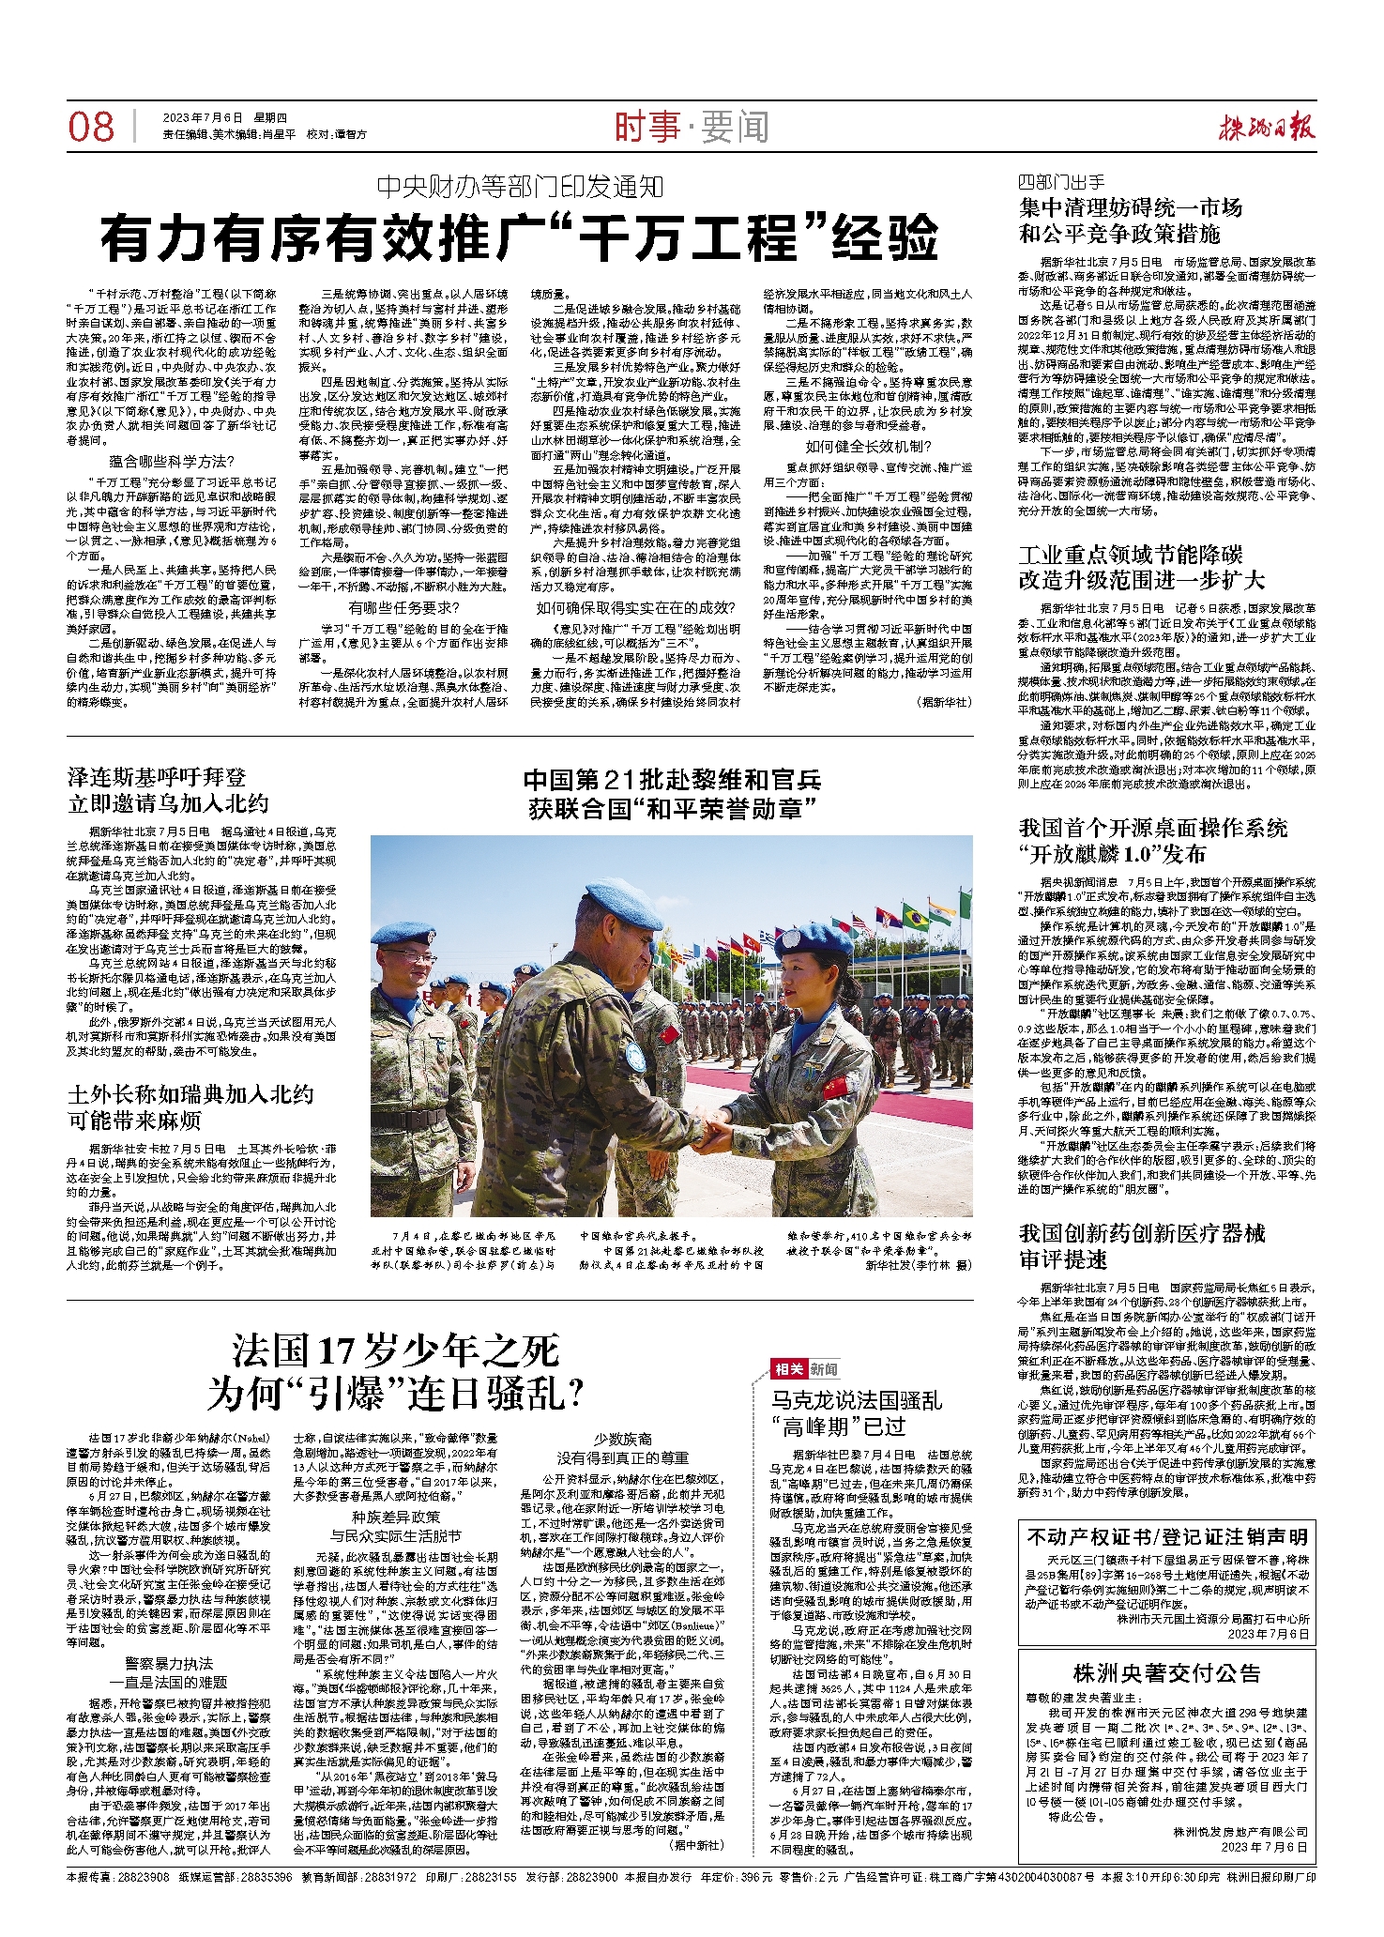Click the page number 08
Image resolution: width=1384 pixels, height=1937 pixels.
point(91,126)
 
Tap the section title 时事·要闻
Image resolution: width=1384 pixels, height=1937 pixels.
point(691,127)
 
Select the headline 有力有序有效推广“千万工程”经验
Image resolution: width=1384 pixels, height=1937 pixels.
point(519,238)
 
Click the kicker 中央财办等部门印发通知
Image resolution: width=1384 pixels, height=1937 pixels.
point(520,187)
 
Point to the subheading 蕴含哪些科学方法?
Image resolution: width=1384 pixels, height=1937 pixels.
point(172,461)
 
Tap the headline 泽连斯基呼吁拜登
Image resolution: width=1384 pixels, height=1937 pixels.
point(157,776)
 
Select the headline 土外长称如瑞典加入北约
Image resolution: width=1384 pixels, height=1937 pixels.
point(190,1094)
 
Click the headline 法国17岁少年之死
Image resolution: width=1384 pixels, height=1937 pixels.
point(395,1351)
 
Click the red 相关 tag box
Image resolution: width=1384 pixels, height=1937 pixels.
point(787,1368)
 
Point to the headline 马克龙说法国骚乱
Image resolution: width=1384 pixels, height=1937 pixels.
point(857,1400)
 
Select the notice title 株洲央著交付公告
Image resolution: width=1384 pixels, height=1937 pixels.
point(1166,1672)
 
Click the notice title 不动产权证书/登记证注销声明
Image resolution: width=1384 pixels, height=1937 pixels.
point(1167,1536)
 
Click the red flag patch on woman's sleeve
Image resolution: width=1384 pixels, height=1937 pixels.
point(835,1087)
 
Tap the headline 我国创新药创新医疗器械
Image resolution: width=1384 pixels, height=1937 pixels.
point(1142,1232)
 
